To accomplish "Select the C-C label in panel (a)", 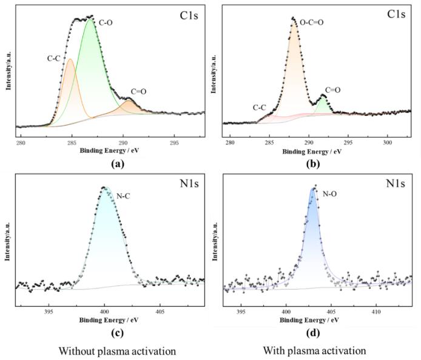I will point(53,59).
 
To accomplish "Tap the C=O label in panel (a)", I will point(138,92).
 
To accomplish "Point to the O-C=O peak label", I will point(312,22).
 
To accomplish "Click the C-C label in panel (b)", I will point(260,107).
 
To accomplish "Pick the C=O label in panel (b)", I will point(332,90).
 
